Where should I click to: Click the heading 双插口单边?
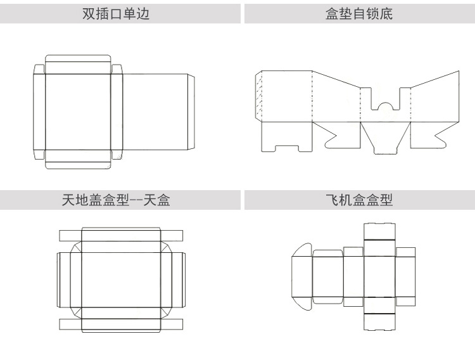pyautogui.click(x=116, y=13)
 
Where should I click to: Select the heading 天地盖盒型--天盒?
pyautogui.click(x=116, y=201)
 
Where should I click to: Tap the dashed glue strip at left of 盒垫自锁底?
pyautogui.click(x=258, y=95)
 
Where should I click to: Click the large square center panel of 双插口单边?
pyautogui.click(x=78, y=112)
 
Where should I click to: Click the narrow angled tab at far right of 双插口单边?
pyautogui.click(x=191, y=112)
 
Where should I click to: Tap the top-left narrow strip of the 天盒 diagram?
pyautogui.click(x=70, y=235)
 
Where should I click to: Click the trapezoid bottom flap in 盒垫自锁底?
pyautogui.click(x=385, y=136)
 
